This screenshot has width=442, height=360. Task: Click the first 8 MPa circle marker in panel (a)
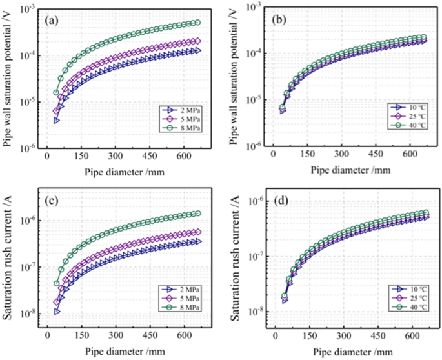pos(56,92)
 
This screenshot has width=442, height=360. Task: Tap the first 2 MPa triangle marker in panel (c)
pos(57,311)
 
